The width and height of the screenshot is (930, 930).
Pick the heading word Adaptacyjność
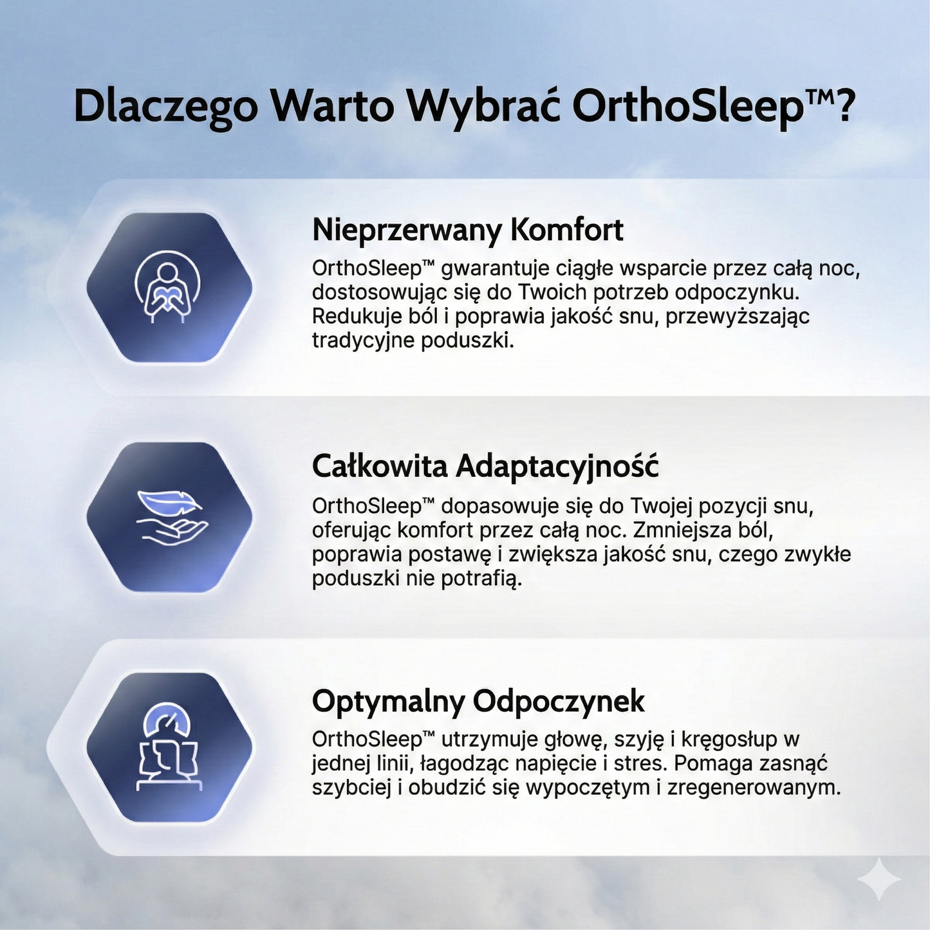[x=557, y=467]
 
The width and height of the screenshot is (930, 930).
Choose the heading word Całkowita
[x=379, y=466]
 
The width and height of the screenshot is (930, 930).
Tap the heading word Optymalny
[x=388, y=702]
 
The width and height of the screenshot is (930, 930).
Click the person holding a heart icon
[x=167, y=287]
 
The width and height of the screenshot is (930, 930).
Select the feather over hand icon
[x=170, y=517]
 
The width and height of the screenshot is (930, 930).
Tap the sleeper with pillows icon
[x=169, y=747]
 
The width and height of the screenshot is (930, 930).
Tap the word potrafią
[x=481, y=579]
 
